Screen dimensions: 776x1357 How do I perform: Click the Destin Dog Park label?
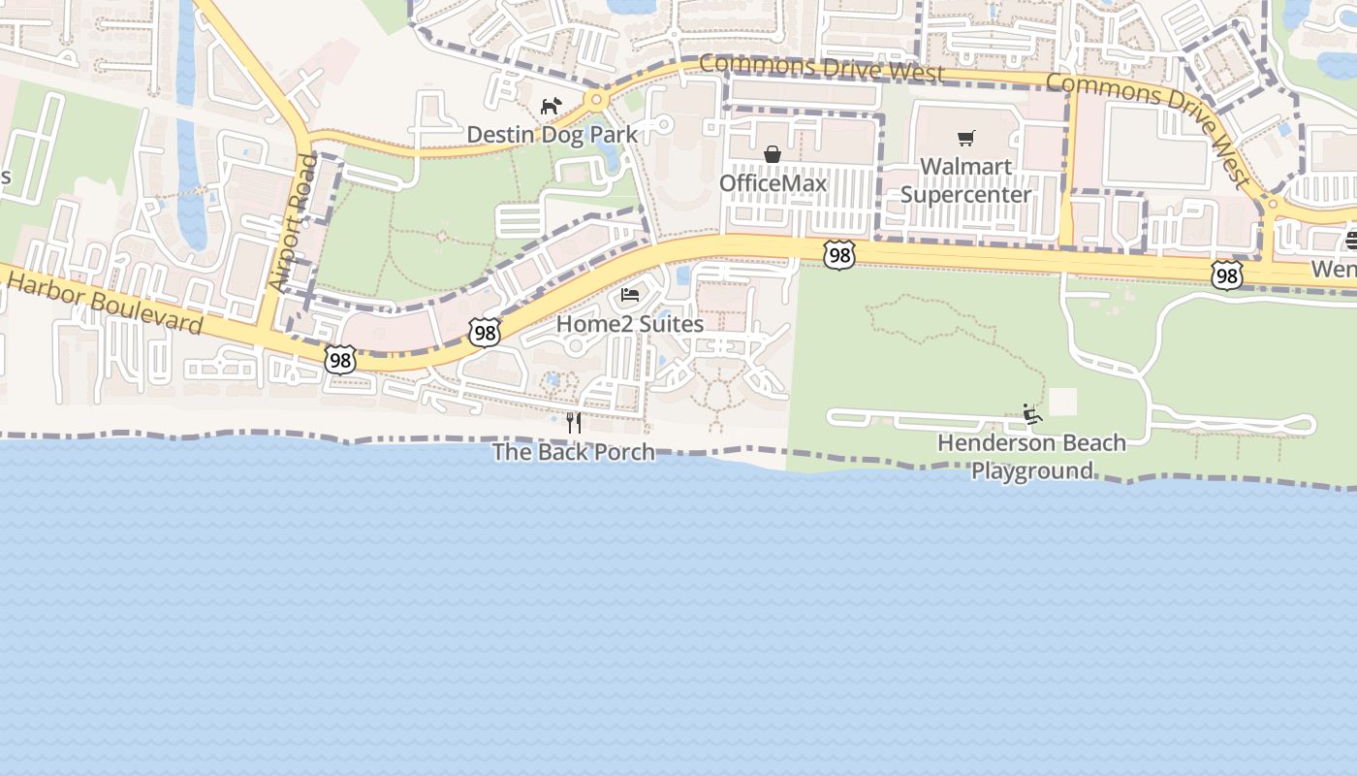point(552,134)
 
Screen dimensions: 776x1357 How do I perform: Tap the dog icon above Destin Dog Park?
point(552,105)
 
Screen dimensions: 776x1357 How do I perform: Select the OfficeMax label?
point(773,183)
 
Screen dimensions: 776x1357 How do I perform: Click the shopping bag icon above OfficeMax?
point(773,154)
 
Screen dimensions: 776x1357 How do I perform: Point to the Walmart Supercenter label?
point(966,180)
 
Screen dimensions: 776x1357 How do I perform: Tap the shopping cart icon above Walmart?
point(965,138)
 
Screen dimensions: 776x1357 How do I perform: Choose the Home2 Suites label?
point(630,324)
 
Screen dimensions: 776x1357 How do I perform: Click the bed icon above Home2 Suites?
point(630,295)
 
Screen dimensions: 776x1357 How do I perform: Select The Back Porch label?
point(574,452)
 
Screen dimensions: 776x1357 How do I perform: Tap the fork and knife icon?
point(574,423)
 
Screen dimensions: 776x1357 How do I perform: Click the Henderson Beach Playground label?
point(1031,457)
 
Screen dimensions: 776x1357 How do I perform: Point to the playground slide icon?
point(1032,415)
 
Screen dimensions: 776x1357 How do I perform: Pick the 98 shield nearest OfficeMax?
point(838,255)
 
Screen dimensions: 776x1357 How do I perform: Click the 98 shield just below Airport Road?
point(339,360)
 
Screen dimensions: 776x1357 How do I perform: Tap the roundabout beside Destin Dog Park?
point(596,99)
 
